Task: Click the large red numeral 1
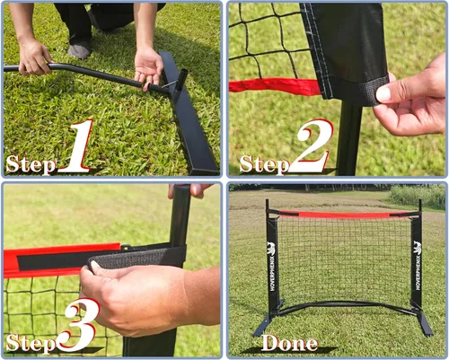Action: [x=81, y=145]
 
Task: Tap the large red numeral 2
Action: [x=311, y=145]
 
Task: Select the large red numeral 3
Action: [x=81, y=325]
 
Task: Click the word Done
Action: [x=289, y=343]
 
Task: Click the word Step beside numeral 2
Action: [x=263, y=164]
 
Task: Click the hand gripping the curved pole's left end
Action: [x=34, y=58]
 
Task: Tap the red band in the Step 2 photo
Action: [x=274, y=86]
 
